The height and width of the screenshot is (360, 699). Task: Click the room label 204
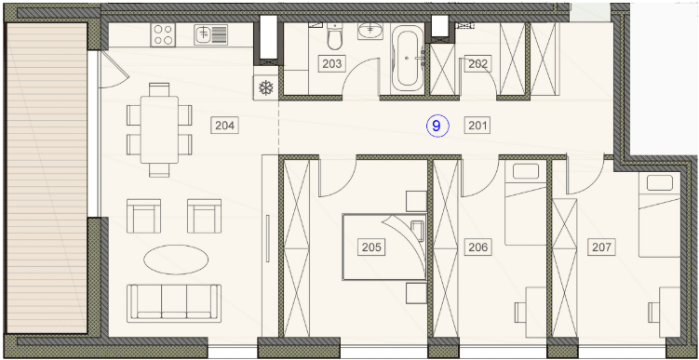click(224, 126)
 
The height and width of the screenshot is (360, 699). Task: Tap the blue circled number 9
click(437, 126)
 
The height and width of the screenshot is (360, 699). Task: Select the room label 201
click(477, 126)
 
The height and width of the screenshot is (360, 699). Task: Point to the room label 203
click(332, 64)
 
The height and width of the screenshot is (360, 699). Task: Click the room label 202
click(478, 64)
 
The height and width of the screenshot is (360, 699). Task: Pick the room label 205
click(371, 247)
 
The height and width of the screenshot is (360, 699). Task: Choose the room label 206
click(478, 247)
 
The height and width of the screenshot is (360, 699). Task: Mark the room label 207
click(601, 247)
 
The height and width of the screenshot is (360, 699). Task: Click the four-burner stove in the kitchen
click(163, 34)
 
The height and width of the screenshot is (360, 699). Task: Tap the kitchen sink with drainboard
click(211, 34)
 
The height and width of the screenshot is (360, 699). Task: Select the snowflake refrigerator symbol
click(265, 87)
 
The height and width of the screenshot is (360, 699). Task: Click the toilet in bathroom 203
click(334, 36)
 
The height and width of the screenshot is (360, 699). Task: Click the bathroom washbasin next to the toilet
click(370, 32)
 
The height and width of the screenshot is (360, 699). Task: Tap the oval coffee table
click(177, 260)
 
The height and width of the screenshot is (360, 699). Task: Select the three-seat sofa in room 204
click(174, 303)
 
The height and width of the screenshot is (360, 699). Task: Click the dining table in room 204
click(159, 129)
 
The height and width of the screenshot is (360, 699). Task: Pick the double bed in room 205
click(384, 247)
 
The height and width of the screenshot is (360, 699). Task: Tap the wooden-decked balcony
click(47, 179)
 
